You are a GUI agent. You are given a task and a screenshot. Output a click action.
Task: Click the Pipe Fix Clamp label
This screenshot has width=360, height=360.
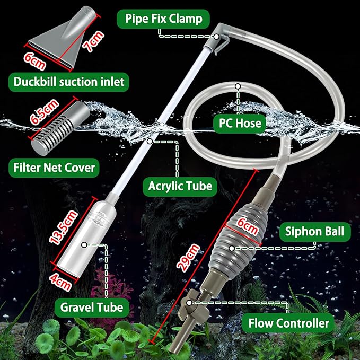[x=164, y=20]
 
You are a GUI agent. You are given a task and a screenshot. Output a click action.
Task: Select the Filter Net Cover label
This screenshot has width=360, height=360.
[x=54, y=168]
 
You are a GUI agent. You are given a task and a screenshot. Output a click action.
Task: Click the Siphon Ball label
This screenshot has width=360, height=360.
[x=314, y=231]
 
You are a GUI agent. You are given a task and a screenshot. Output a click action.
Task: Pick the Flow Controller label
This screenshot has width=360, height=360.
[x=288, y=322]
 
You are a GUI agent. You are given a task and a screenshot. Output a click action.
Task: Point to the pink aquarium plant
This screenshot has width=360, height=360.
[x=106, y=297]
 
